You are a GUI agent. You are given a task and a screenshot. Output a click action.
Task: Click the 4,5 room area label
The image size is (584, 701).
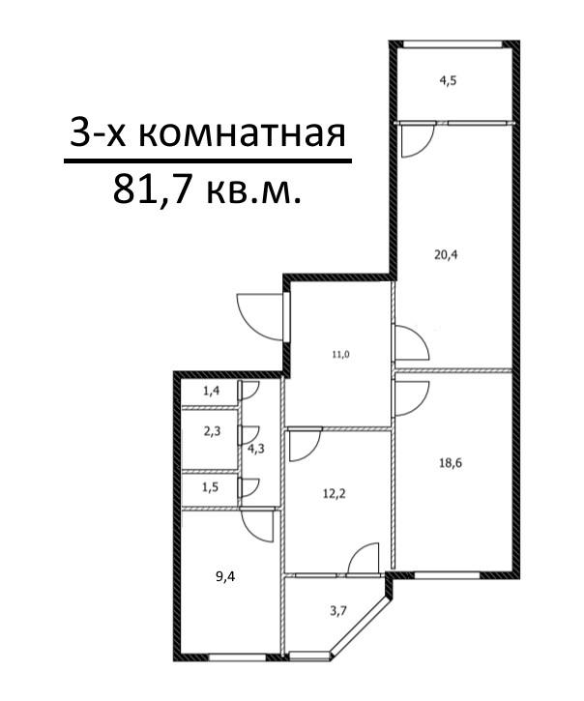pos(448,81)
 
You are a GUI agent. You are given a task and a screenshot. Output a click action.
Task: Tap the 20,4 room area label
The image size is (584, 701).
pos(447,255)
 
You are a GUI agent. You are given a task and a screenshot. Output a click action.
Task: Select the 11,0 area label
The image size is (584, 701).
pos(340,355)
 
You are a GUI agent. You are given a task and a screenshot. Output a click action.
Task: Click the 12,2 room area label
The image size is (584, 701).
pos(334,491)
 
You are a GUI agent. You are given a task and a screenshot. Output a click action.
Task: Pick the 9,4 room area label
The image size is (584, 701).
pos(225,577)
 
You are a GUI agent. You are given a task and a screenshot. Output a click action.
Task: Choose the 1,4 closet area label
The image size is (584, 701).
pos(211,392)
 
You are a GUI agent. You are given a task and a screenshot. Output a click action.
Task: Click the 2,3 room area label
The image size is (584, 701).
pos(211,434)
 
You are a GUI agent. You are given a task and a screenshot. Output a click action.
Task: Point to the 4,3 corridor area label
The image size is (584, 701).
pos(257,449)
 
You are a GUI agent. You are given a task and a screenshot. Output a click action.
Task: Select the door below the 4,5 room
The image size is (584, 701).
pos(418,141)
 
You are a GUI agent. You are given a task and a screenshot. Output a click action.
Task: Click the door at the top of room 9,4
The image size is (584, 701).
pos(258,525)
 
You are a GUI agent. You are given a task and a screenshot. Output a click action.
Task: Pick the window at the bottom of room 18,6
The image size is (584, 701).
pos(447,575)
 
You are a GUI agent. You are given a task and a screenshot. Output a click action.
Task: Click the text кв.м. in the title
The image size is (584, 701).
pos(253,189)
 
